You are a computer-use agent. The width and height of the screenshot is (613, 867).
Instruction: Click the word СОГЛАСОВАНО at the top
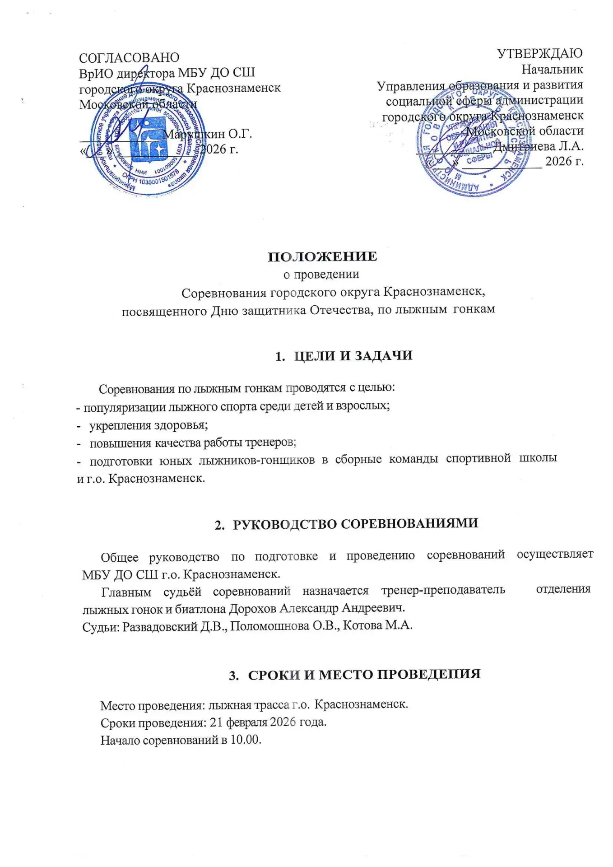[129, 58]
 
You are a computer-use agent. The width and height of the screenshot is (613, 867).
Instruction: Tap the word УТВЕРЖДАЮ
[540, 53]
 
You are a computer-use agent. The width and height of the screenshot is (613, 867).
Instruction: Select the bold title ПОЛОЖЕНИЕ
[322, 256]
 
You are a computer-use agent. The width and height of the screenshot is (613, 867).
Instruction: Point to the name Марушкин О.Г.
[207, 134]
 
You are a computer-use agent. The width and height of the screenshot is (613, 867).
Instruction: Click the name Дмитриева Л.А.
[538, 146]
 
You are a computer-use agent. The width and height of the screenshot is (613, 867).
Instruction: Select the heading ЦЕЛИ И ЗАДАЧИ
[353, 356]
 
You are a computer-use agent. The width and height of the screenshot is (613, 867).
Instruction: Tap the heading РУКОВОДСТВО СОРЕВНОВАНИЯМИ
[355, 524]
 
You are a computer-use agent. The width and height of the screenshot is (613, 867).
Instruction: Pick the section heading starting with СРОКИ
[364, 675]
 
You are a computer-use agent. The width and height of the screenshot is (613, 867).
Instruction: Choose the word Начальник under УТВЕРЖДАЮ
[552, 70]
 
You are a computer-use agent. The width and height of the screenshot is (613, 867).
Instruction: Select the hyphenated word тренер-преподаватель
[443, 590]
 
